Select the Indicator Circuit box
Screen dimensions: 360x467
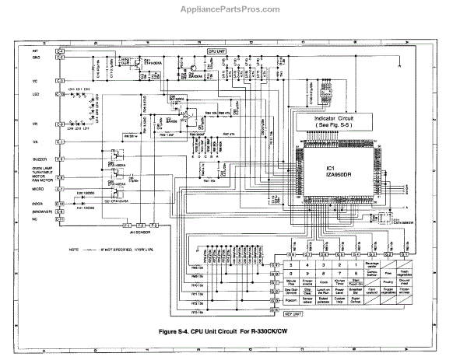point(340,122)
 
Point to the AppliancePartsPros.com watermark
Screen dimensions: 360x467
point(233,10)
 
